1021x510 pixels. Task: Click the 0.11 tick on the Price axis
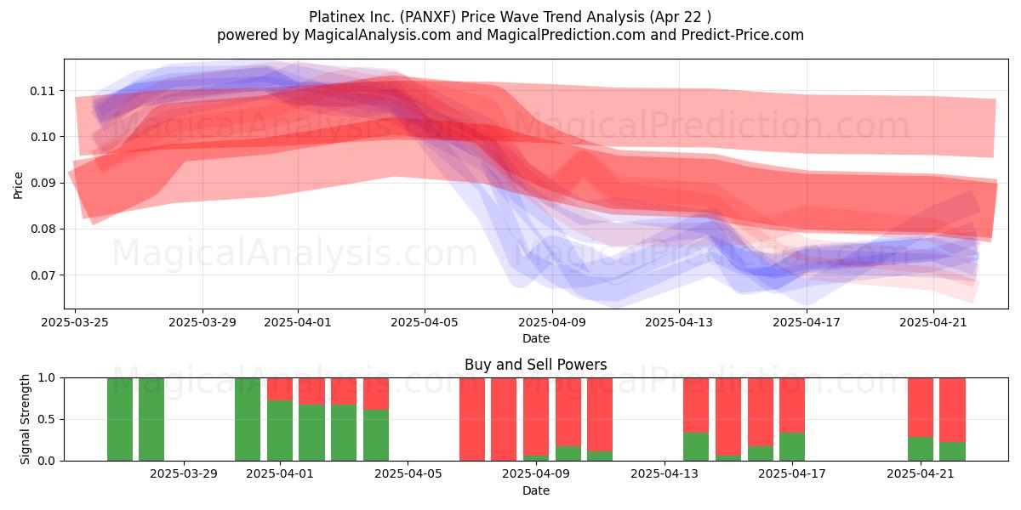pos(42,91)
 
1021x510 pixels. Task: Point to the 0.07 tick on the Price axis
pos(42,275)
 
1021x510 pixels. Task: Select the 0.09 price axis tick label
pos(42,183)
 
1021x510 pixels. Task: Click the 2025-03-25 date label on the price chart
pos(75,322)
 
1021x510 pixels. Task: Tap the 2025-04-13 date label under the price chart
pos(679,322)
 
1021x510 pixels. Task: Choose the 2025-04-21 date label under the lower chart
pos(921,474)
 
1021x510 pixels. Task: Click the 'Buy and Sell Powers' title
pos(535,365)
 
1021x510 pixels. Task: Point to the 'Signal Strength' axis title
pos(25,419)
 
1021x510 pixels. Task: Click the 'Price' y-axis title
pos(18,185)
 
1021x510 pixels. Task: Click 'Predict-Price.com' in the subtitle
pos(743,35)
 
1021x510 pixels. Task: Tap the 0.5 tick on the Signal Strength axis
pos(46,419)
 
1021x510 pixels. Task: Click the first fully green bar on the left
pos(120,419)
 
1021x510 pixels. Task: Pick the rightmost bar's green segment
pos(952,451)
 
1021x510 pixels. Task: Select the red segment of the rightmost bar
pos(952,410)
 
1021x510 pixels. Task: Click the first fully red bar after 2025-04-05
pos(471,419)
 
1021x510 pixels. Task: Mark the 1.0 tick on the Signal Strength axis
pos(46,377)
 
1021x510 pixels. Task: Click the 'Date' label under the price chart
pos(535,339)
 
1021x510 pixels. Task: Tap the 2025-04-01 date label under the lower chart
pos(280,474)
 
